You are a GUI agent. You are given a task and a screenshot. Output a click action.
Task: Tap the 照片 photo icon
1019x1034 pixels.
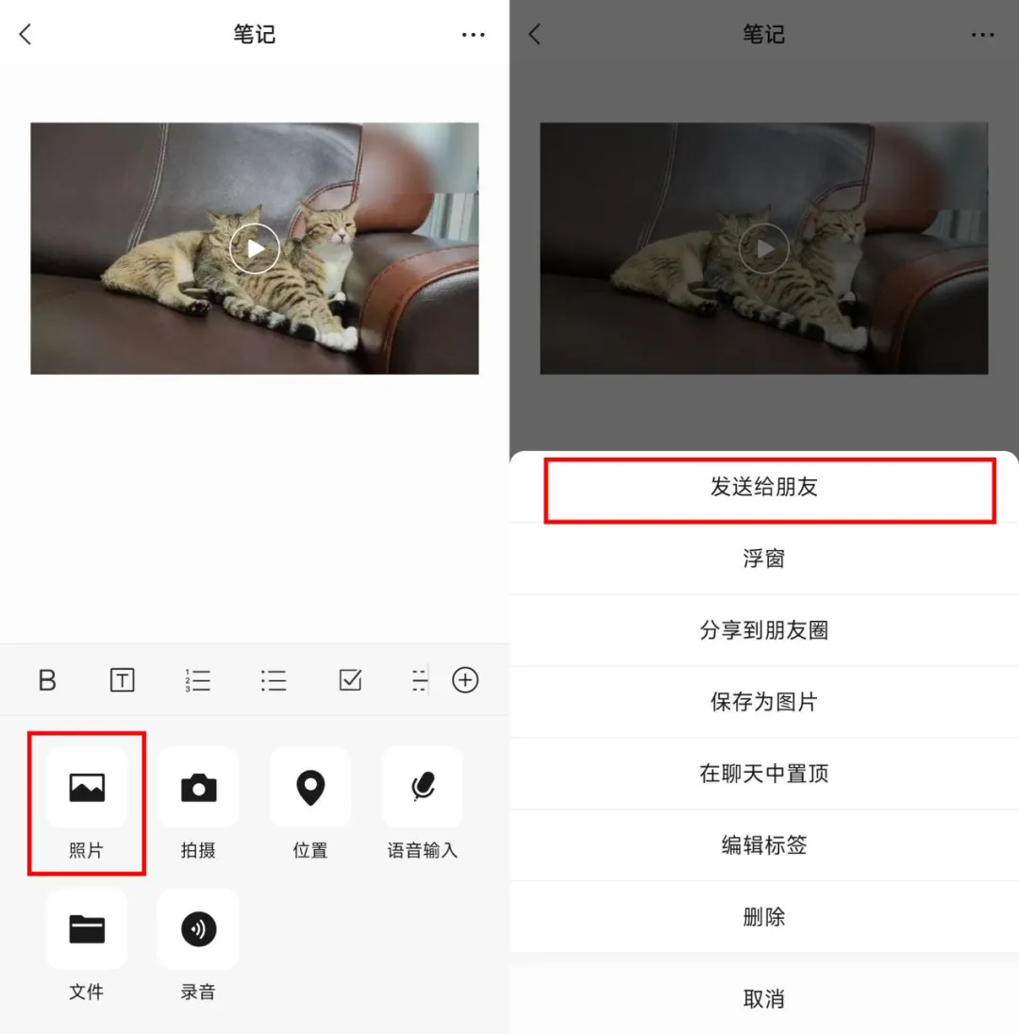(x=87, y=788)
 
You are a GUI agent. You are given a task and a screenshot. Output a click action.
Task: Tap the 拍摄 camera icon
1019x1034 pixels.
(x=198, y=788)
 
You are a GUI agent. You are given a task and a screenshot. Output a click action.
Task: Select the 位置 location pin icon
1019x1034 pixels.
(x=310, y=788)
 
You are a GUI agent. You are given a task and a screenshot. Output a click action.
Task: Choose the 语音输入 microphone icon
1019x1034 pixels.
(x=423, y=786)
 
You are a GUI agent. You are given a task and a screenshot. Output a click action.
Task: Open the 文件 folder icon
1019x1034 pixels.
(x=87, y=929)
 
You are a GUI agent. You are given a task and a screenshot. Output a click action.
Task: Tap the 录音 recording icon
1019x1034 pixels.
(x=198, y=929)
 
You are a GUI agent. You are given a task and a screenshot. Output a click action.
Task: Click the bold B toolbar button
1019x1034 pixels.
(x=47, y=680)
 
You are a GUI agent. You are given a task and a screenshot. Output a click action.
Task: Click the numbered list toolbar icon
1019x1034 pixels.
(x=198, y=680)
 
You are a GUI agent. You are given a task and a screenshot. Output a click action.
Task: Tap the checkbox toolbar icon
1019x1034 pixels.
(x=349, y=680)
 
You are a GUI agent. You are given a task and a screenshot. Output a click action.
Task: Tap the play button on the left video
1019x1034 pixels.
(x=255, y=249)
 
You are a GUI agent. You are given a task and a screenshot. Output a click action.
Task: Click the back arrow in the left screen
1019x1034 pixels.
(x=25, y=34)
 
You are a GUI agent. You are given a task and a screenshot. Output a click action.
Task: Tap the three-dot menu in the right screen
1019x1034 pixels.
(x=983, y=35)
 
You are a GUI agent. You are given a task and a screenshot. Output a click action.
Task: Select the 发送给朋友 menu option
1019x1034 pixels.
(x=763, y=488)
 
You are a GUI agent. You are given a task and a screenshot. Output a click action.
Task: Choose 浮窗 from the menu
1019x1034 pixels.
(x=763, y=559)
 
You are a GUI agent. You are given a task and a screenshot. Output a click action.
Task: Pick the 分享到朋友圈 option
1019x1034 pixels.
(x=763, y=630)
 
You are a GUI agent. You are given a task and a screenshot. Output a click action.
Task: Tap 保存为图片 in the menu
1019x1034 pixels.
(x=763, y=702)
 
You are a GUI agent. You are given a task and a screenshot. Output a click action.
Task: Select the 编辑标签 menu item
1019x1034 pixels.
(x=763, y=844)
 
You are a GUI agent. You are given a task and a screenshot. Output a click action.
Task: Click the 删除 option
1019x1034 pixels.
(x=763, y=917)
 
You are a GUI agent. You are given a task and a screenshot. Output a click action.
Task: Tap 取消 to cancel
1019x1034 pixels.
(x=763, y=999)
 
